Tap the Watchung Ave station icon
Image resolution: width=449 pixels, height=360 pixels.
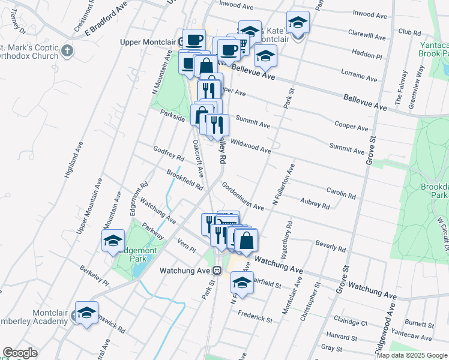click(x=218, y=271)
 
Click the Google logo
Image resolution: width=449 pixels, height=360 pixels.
click(x=20, y=353)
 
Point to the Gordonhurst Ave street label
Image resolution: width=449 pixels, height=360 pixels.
click(x=243, y=196)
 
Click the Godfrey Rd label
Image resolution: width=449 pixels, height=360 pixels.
click(x=168, y=153)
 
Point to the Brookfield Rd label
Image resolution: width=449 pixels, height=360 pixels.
click(x=185, y=179)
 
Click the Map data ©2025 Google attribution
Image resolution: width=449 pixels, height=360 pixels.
click(x=411, y=355)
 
